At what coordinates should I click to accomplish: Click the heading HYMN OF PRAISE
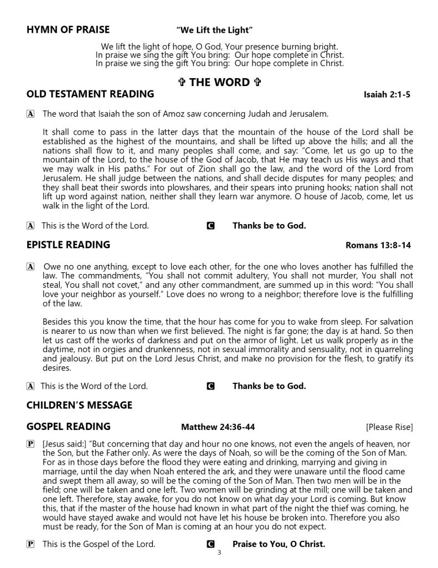point(68,29)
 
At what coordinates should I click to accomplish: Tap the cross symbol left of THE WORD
point(182,83)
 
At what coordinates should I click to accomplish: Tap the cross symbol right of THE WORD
point(256,83)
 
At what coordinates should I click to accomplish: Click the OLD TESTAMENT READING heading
point(90,94)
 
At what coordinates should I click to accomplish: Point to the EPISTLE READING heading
point(68,245)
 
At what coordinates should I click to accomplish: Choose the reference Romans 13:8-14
point(378,245)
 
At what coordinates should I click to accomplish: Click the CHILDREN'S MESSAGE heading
point(79,405)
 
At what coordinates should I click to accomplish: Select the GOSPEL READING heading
point(68,427)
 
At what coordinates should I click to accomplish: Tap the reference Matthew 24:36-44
point(218,427)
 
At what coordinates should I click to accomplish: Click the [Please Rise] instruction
point(389,427)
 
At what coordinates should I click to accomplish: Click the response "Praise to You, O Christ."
point(279,544)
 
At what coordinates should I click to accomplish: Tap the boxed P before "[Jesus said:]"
point(30,444)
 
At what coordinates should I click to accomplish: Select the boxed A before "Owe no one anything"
point(30,267)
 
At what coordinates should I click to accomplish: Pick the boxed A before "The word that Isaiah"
point(30,114)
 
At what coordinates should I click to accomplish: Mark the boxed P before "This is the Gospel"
point(30,545)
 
